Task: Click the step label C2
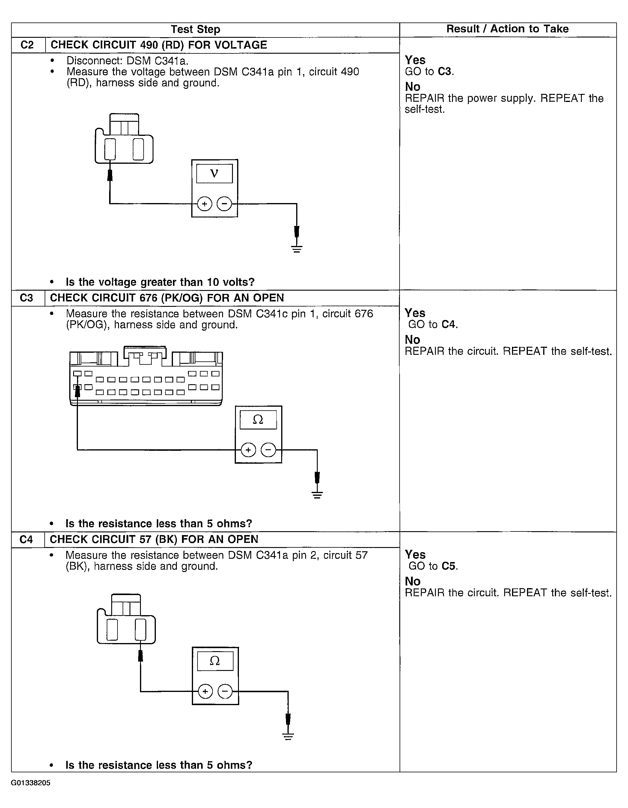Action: (x=27, y=45)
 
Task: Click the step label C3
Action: (x=27, y=298)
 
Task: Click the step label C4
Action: (x=26, y=539)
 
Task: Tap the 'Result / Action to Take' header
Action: (x=507, y=29)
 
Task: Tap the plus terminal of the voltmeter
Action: (x=204, y=204)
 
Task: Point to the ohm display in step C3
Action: (x=258, y=420)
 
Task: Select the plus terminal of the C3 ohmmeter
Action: (x=248, y=450)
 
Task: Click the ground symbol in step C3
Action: (x=317, y=495)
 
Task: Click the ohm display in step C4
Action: (x=215, y=661)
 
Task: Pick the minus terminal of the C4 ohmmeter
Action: (x=225, y=691)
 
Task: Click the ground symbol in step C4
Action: (x=288, y=736)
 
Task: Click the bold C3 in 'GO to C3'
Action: (x=445, y=71)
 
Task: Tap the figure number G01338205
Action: (x=31, y=783)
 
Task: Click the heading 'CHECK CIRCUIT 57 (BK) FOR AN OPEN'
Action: (x=154, y=539)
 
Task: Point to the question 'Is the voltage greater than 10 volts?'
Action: (x=160, y=282)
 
